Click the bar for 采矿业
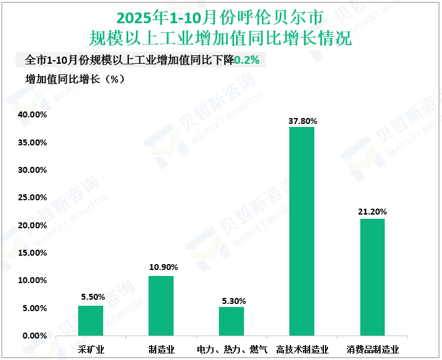(x=91, y=321)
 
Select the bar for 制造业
(x=161, y=306)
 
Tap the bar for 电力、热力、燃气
(x=231, y=321)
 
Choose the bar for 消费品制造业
(x=372, y=277)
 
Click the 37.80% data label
(x=302, y=121)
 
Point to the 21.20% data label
(x=373, y=212)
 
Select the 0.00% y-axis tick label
(x=34, y=336)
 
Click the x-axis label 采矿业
(x=91, y=349)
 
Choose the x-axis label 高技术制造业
(x=302, y=349)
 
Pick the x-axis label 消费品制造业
(x=373, y=349)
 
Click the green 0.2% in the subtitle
(x=246, y=61)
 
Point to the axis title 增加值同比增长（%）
(x=75, y=79)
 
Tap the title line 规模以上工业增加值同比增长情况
(x=220, y=39)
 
